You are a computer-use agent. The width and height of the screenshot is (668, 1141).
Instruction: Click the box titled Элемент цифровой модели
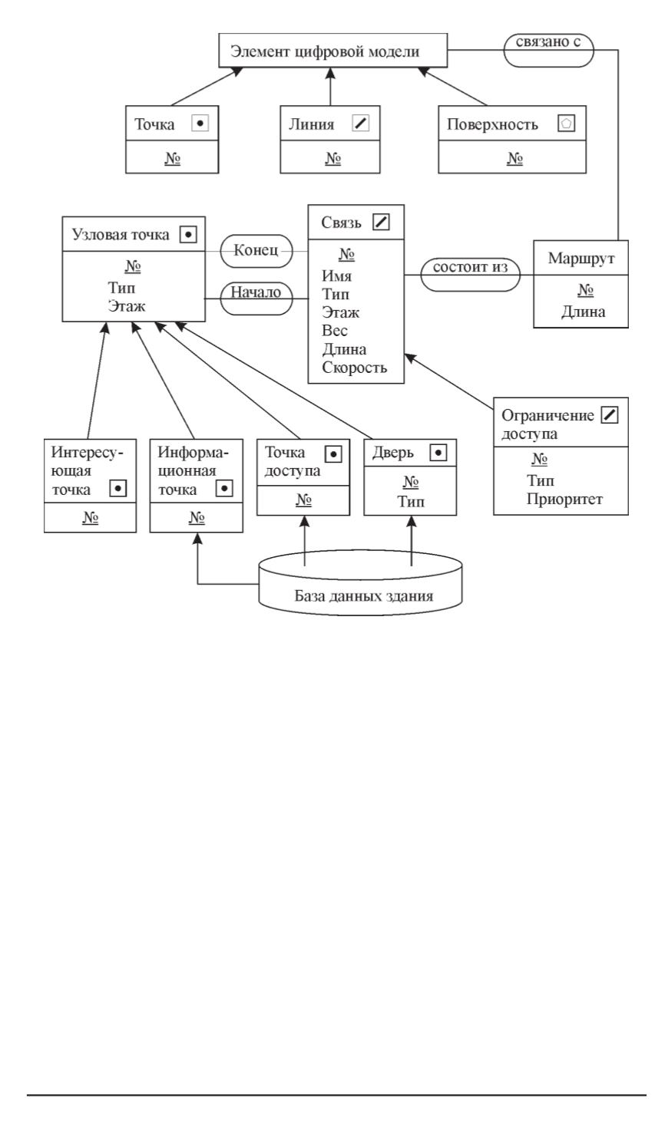coord(332,51)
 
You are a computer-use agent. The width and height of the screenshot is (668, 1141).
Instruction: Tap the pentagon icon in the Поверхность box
coord(567,123)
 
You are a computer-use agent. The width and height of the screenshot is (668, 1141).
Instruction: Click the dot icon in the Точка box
coord(200,123)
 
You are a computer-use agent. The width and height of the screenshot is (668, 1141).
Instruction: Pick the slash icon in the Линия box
coord(360,123)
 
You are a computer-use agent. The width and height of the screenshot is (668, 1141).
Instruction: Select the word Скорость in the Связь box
coord(355,368)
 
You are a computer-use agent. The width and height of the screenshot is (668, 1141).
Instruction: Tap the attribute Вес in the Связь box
coord(335,331)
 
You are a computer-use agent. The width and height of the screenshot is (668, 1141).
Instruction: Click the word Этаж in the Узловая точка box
coord(127,305)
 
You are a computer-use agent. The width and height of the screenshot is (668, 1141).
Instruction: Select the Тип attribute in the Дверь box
coord(411,502)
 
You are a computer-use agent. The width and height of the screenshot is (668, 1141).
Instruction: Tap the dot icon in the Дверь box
coord(438,453)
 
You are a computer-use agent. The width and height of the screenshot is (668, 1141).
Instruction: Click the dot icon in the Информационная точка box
coord(224,488)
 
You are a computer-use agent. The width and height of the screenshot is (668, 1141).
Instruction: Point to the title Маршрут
coord(581,258)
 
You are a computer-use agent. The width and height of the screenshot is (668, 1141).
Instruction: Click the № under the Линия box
coord(333,159)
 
